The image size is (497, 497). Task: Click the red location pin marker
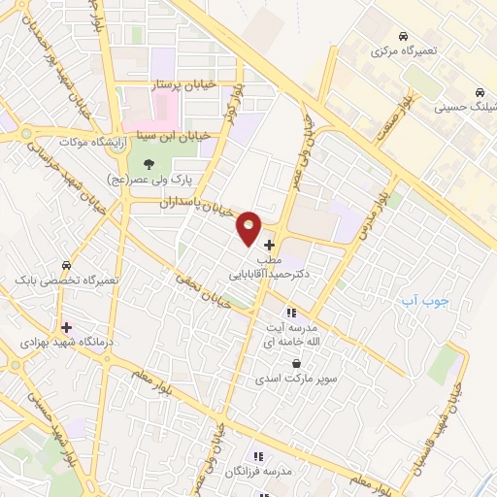[x=249, y=228]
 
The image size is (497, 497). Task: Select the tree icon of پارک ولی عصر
[x=148, y=164]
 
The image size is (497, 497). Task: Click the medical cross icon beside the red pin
[x=269, y=245]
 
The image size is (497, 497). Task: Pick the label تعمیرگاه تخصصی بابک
[x=66, y=280]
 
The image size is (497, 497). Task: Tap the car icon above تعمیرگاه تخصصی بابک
[x=66, y=264]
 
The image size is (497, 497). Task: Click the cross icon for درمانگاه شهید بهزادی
[x=66, y=328]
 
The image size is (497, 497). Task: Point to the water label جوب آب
[x=425, y=301]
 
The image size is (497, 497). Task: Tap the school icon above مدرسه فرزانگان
[x=258, y=456]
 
